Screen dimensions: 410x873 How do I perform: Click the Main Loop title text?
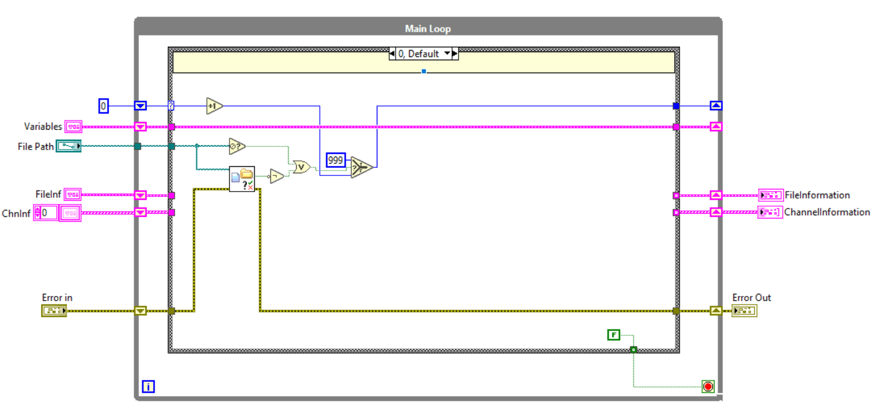(x=427, y=29)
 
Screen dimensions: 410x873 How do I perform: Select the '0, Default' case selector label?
(x=419, y=54)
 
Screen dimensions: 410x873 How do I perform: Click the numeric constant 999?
(x=335, y=160)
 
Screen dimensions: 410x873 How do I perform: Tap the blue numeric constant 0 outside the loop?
(x=104, y=106)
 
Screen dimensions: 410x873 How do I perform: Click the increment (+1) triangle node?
(x=214, y=106)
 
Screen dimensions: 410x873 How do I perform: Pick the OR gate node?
(x=301, y=167)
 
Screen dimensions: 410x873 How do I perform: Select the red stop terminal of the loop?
(x=708, y=386)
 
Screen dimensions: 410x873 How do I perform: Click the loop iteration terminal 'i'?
(x=148, y=386)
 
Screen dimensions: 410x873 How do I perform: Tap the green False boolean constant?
(x=613, y=335)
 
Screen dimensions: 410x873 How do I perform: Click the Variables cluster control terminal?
(x=73, y=126)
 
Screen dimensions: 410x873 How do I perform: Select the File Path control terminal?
(x=68, y=146)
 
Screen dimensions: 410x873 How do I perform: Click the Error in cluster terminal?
(x=54, y=310)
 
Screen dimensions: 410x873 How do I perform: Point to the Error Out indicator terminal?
(x=745, y=310)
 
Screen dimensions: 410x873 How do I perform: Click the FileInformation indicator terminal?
(x=770, y=195)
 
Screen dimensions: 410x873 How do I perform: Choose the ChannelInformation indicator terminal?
(x=770, y=212)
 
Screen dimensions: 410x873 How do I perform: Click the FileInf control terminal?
(x=73, y=194)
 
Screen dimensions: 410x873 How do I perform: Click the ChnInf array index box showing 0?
(x=48, y=213)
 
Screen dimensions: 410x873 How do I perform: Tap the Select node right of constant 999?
(x=361, y=167)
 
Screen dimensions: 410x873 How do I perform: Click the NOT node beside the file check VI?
(x=276, y=176)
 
